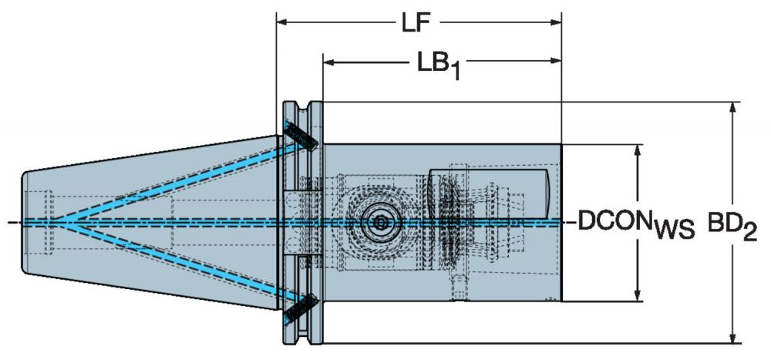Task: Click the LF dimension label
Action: tap(416, 23)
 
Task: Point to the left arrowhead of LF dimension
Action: tap(282, 22)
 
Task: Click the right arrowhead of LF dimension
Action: tap(556, 22)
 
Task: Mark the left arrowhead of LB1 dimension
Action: tap(328, 62)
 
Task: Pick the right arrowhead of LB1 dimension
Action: tap(556, 62)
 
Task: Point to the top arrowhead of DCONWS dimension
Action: tap(638, 150)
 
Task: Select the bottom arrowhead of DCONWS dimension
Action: tap(638, 295)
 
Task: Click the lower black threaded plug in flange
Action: tap(301, 310)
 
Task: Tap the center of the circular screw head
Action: tap(379, 223)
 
